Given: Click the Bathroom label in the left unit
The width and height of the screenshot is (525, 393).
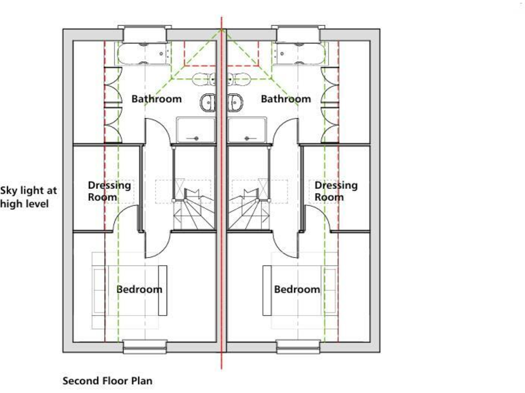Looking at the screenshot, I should click(x=157, y=99).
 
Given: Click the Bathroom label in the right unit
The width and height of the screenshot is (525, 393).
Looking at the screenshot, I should click(x=286, y=99).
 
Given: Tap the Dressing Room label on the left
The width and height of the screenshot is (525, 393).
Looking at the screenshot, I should click(x=109, y=191).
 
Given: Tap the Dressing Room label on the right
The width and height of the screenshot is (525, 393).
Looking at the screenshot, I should click(x=336, y=191).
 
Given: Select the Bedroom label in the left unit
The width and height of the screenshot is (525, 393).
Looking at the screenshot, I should click(x=139, y=289).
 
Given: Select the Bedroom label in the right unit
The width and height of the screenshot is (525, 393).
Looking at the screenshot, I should click(x=297, y=289).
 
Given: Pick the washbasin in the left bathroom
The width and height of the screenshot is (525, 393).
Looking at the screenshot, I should click(x=208, y=103).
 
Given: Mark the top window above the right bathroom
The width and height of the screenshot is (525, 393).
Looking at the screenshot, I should click(x=297, y=33).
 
